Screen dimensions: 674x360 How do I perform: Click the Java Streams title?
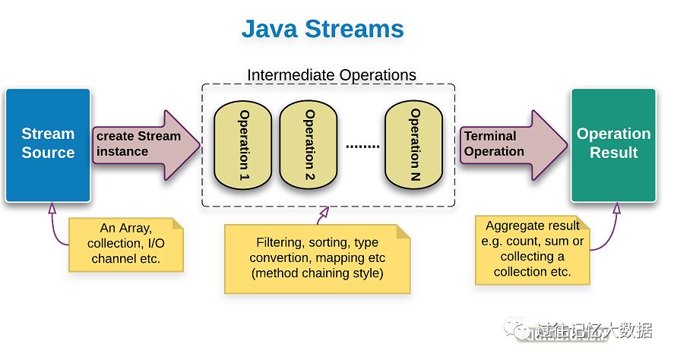(322, 29)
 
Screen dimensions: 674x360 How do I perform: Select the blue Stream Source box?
(48, 145)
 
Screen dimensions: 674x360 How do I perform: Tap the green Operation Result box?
(613, 145)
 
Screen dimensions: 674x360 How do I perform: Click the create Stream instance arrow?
(146, 145)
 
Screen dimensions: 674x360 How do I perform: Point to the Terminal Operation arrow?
(514, 145)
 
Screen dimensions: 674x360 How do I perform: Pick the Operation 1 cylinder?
(242, 145)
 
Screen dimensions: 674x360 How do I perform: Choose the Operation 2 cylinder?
(309, 145)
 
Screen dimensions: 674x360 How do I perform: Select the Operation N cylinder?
(413, 145)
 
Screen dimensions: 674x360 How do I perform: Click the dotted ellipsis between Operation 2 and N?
(362, 147)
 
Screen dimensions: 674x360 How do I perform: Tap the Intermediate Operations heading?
(331, 74)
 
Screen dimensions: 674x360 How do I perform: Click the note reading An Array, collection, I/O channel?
(126, 245)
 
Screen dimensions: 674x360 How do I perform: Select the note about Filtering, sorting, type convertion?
(317, 259)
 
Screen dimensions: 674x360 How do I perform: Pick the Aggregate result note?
(532, 250)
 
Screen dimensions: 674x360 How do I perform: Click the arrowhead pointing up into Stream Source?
(52, 208)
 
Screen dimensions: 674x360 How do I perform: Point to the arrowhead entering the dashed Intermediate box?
(324, 211)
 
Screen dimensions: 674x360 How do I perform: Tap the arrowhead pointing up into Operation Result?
(617, 208)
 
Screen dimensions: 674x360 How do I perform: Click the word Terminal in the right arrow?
(490, 136)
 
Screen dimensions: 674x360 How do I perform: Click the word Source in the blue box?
(48, 153)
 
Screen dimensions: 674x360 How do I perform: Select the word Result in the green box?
(613, 153)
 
